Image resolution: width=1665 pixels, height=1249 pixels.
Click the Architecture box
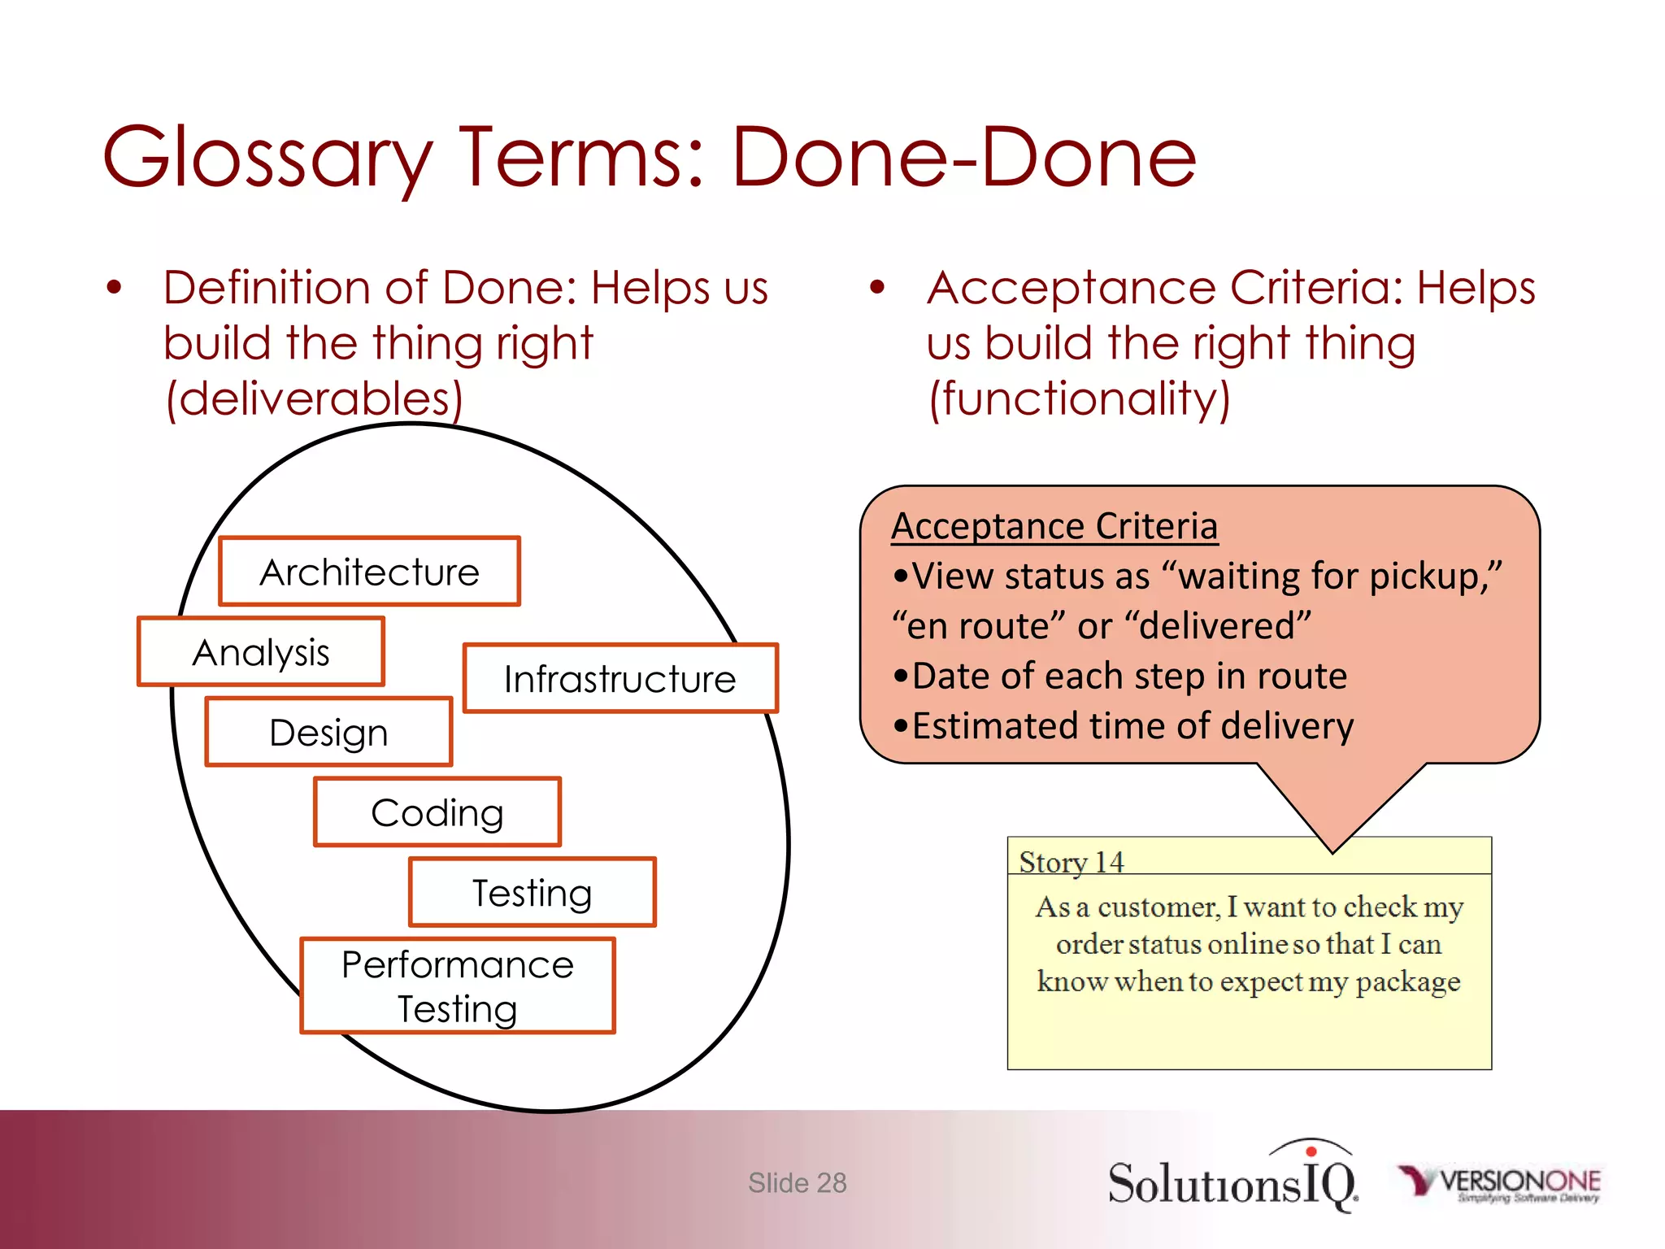coord(369,572)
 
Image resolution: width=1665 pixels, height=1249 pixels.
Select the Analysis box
coord(261,652)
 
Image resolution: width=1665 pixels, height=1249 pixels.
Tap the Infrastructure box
coord(620,678)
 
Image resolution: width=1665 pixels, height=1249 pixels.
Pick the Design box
coord(328,732)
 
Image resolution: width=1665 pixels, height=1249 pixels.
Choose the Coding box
coord(437,812)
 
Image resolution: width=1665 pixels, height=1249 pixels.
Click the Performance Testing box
coord(458,986)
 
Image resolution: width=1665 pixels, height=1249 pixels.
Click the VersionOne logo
coord(1501,1183)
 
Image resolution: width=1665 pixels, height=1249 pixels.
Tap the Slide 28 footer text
coord(797,1183)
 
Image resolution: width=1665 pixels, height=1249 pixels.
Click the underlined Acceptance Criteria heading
coord(1054,526)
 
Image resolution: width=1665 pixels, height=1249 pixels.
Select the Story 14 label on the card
coord(1072,862)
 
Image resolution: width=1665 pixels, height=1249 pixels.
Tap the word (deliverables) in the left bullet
coord(314,398)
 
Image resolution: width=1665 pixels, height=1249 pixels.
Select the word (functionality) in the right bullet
coord(1079,398)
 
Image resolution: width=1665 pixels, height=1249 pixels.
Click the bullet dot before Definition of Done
coord(114,288)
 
